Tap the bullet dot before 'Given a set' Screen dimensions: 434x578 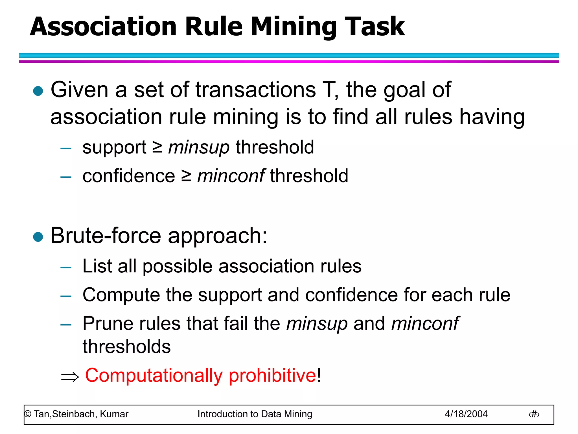coord(38,91)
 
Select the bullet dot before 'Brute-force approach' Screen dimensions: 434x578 coord(38,237)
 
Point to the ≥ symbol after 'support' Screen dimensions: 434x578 coord(157,147)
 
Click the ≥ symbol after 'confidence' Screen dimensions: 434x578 coord(186,176)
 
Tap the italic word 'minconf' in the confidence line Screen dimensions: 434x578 coord(231,176)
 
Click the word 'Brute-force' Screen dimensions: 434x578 coord(106,236)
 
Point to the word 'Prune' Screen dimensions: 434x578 coord(108,324)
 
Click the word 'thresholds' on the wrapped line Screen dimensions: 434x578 coord(126,347)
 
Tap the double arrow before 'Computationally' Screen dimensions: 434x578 coord(70,377)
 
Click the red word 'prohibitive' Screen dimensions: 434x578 coord(272,376)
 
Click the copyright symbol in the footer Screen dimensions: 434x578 coord(28,414)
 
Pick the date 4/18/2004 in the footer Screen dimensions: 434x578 coord(466,414)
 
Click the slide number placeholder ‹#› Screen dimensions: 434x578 coord(534,415)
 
